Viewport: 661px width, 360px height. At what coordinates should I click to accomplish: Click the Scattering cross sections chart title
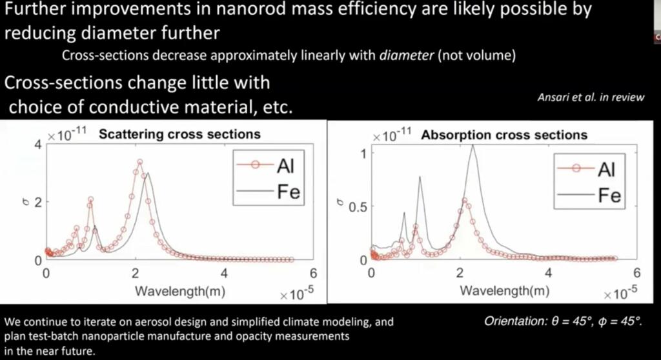pos(179,134)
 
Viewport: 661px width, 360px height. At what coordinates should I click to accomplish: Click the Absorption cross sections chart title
pos(503,135)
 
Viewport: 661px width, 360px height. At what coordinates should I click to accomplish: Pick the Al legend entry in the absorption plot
pos(606,169)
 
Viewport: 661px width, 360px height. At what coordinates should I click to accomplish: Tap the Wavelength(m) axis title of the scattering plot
pos(179,290)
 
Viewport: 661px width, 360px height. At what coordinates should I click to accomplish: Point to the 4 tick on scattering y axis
pos(37,145)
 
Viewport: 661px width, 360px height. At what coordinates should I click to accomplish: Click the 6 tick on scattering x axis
pos(313,273)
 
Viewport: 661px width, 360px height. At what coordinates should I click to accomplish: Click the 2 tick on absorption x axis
pos(460,273)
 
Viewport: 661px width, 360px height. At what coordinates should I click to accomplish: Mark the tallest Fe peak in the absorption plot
pos(473,146)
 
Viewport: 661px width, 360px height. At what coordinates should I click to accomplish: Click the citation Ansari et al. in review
pos(591,97)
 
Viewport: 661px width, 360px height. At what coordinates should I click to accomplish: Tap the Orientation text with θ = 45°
pos(564,321)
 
